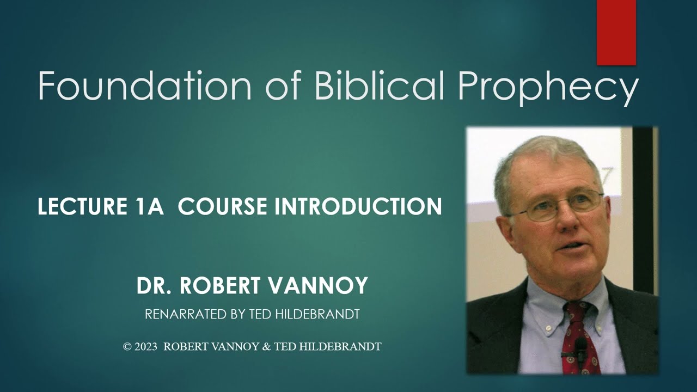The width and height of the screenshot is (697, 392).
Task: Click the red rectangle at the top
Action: (616, 32)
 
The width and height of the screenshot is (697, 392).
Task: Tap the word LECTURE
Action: (81, 207)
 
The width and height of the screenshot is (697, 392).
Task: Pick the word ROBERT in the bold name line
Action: (221, 286)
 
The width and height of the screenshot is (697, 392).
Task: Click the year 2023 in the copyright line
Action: (146, 346)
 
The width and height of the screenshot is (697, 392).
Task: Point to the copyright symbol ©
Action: (128, 346)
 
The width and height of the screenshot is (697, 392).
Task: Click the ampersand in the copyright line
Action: (266, 346)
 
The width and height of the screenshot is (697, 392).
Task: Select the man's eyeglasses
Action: (555, 206)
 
